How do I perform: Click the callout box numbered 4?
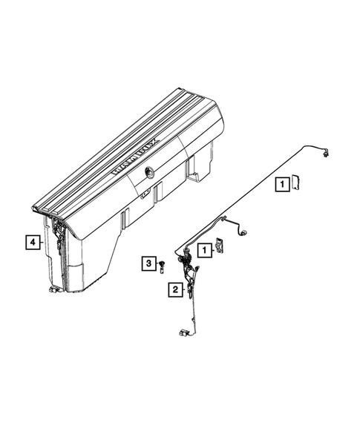click(x=32, y=241)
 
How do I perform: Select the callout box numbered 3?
click(x=148, y=263)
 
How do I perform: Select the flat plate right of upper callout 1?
click(x=295, y=182)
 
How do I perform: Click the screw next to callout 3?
click(x=161, y=267)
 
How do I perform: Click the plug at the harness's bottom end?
click(x=183, y=333)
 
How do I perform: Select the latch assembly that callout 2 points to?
click(x=192, y=275)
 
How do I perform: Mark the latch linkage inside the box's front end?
click(x=59, y=237)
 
